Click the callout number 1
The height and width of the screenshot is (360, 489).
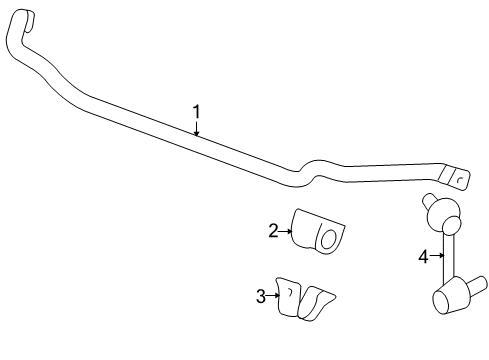(x=197, y=112)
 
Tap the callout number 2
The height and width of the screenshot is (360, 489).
(x=272, y=231)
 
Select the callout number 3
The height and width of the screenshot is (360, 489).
(x=261, y=295)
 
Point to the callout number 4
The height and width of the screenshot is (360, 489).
(x=423, y=257)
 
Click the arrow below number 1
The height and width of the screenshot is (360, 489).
(x=197, y=128)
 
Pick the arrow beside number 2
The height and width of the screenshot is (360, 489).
(x=284, y=232)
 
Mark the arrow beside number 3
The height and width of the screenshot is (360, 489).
(x=272, y=295)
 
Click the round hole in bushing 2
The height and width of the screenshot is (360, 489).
(x=326, y=237)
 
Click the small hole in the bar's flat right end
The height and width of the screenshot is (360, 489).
(x=458, y=178)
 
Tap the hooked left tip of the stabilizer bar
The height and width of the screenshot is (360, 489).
(x=25, y=19)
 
